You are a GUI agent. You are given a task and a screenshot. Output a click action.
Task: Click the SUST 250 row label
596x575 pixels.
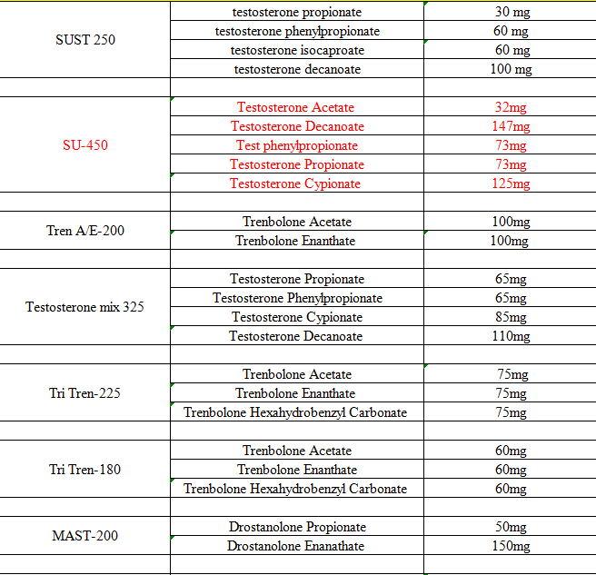[85, 40]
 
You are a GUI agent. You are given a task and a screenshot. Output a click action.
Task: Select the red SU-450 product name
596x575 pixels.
[85, 145]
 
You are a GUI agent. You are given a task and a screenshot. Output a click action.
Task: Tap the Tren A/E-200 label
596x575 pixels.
[85, 231]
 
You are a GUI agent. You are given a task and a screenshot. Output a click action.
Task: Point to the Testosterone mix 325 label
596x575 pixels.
[85, 307]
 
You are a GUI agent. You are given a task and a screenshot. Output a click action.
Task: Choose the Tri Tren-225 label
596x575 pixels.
[85, 393]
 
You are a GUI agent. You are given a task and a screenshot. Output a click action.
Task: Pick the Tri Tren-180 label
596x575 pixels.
[85, 470]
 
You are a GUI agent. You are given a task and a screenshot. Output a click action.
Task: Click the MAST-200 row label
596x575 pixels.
[85, 536]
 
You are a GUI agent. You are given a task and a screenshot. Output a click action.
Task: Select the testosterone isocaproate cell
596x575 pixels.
[297, 50]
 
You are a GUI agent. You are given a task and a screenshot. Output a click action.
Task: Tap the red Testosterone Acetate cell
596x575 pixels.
[296, 107]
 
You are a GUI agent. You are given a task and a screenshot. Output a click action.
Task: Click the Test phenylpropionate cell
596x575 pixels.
[296, 145]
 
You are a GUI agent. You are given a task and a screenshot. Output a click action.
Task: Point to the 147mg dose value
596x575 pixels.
[511, 126]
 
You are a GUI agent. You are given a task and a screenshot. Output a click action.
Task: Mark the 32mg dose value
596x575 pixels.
[511, 107]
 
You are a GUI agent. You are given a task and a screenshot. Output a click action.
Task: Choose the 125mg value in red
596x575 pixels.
[511, 183]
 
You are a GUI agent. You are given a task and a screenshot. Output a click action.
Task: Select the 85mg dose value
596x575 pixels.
[511, 317]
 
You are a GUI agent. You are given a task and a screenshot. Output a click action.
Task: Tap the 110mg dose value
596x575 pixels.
[511, 336]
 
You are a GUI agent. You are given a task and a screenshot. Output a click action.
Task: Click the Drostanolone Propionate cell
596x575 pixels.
[296, 527]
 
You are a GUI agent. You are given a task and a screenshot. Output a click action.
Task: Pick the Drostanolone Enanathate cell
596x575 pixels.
[296, 546]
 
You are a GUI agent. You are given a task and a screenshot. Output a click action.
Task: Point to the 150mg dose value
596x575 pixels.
[511, 546]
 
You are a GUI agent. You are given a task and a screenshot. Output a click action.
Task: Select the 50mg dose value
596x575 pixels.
[511, 527]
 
